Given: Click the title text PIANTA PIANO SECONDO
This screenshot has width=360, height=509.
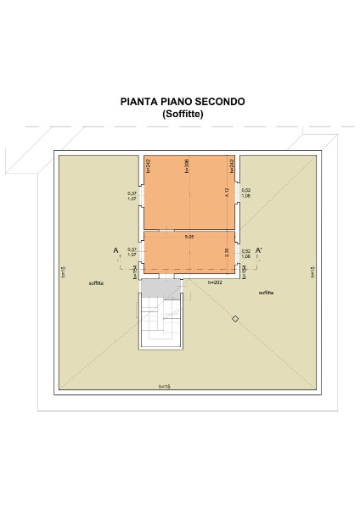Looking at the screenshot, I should tap(183, 101).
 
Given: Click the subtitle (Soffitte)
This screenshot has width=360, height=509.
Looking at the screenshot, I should tap(183, 113).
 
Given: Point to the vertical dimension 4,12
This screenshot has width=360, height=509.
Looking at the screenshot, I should tap(227, 193).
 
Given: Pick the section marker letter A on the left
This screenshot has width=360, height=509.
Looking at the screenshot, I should tap(115, 250).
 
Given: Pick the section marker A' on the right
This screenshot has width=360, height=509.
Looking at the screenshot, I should tap(259, 250).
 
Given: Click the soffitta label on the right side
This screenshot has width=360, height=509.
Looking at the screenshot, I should tap(267, 292).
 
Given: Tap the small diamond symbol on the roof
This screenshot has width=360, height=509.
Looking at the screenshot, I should tap(236, 318).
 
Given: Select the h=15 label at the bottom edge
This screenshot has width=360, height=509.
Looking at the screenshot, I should tap(164, 387).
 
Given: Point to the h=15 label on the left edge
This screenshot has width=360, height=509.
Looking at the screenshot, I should tap(64, 272).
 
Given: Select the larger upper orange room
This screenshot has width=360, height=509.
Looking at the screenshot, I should tap(188, 193).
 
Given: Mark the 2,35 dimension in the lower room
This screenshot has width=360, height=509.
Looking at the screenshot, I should tap(227, 252).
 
